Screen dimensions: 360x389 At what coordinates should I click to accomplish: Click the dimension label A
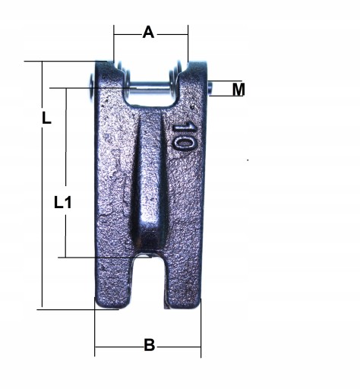click(148, 33)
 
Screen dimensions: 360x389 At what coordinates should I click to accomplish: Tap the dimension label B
click(150, 345)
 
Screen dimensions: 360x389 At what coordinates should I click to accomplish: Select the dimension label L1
click(63, 203)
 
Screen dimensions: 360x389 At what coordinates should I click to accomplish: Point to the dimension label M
click(238, 89)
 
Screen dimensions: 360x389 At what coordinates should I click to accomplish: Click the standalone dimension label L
click(46, 119)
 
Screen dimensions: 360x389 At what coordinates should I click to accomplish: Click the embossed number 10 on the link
click(184, 136)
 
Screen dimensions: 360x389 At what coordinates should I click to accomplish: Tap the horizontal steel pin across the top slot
click(150, 84)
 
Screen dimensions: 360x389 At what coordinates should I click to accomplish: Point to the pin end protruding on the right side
click(210, 88)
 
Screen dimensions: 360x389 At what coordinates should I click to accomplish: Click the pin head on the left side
click(91, 86)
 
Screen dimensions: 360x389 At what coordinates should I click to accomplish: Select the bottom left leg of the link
click(113, 283)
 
